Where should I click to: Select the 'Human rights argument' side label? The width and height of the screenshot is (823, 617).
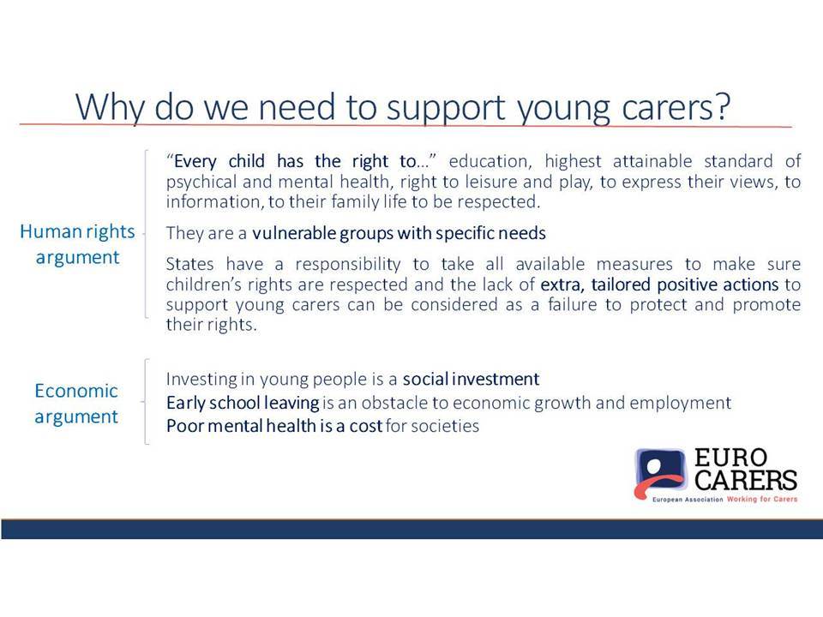tap(78, 244)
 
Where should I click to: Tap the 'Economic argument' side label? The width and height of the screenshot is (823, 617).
tap(76, 404)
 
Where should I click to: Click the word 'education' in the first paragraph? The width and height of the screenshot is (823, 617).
tap(490, 162)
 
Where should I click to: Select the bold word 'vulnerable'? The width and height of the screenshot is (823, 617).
tap(294, 232)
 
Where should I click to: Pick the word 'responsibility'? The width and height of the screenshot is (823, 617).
tap(348, 265)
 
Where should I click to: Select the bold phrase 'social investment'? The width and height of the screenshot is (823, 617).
tap(471, 379)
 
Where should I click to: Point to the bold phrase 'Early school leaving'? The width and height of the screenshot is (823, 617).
tap(243, 403)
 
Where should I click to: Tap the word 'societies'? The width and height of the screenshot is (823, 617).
tap(445, 426)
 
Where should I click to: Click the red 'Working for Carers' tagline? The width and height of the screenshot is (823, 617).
tap(762, 499)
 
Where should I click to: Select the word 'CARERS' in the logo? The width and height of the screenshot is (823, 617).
tap(746, 480)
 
